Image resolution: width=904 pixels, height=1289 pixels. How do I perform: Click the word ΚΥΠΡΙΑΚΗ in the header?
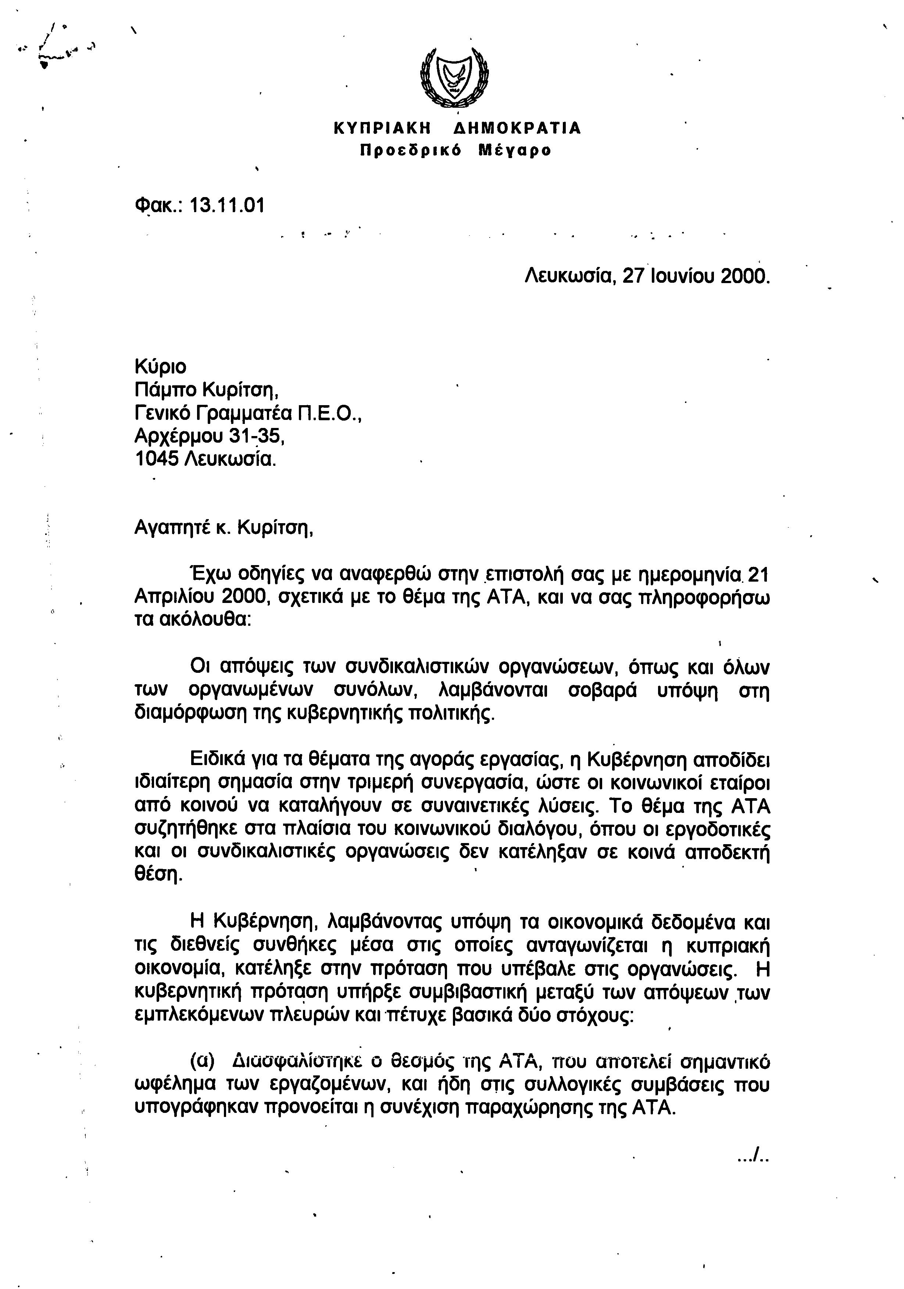pyautogui.click(x=382, y=129)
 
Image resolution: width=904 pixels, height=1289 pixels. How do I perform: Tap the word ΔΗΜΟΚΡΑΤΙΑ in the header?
pyautogui.click(x=517, y=129)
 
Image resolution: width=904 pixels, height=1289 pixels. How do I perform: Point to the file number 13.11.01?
pyautogui.click(x=228, y=206)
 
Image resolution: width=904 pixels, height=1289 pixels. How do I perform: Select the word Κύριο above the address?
pyautogui.click(x=161, y=367)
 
